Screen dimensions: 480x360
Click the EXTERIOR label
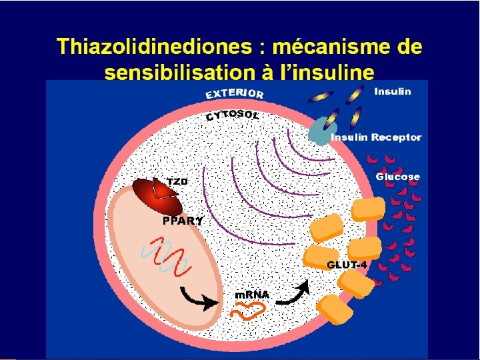[234, 93]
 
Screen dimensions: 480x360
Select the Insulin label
[393, 91]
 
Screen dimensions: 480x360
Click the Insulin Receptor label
[376, 137]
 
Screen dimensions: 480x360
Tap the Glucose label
[398, 177]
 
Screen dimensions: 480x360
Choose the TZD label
[177, 181]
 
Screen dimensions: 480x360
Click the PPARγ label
[183, 221]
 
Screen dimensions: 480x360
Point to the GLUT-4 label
[347, 265]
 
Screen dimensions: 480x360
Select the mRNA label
[252, 294]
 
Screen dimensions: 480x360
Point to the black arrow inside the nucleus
[198, 298]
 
